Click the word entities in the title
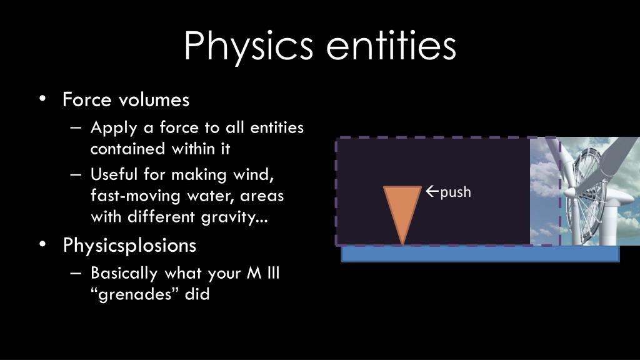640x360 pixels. pyautogui.click(x=392, y=45)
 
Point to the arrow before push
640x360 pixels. pyautogui.click(x=432, y=191)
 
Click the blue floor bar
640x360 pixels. pyautogui.click(x=479, y=254)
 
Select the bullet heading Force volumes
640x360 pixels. pyautogui.click(x=126, y=99)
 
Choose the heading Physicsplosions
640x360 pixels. pyautogui.click(x=129, y=246)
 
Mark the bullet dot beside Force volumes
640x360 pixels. pyautogui.click(x=42, y=99)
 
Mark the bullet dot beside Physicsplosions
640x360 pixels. pyautogui.click(x=42, y=246)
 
